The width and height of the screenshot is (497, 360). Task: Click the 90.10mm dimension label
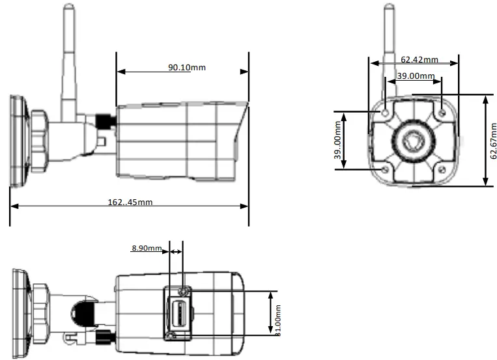pyautogui.click(x=187, y=67)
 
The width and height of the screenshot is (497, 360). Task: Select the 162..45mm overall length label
pyautogui.click(x=130, y=202)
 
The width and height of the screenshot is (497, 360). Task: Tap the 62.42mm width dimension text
pyautogui.click(x=419, y=60)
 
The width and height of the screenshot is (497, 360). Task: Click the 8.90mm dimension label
pyautogui.click(x=147, y=248)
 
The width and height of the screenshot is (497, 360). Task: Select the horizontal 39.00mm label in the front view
pyautogui.click(x=416, y=76)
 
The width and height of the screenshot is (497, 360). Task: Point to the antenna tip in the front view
pyautogui.click(x=389, y=8)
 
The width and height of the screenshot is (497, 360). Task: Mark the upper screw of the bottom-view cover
pyautogui.click(x=184, y=290)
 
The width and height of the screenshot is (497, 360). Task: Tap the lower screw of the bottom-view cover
pyautogui.click(x=171, y=335)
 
